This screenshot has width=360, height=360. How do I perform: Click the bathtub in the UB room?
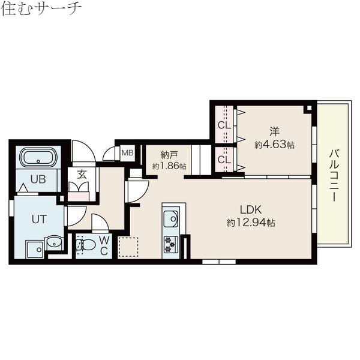click(x=39, y=159)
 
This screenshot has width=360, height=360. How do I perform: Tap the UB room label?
click(x=38, y=179)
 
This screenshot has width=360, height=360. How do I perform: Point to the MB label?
click(x=127, y=153)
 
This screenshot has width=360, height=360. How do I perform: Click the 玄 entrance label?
click(x=80, y=175)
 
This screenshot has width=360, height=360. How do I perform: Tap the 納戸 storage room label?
click(x=169, y=154)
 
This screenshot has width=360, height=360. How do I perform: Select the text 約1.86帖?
click(x=169, y=166)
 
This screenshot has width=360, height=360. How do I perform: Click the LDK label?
click(x=251, y=210)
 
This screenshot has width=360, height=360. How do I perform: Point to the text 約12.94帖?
click(x=251, y=223)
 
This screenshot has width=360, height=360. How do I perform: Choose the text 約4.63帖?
click(x=274, y=145)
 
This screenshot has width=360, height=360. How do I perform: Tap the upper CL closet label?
click(x=224, y=125)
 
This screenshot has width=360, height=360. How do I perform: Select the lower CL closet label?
click(x=224, y=160)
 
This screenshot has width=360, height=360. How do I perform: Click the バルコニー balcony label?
click(x=334, y=175)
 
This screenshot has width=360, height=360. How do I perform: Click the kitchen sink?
click(x=171, y=218)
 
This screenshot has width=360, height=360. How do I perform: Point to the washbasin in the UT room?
click(x=53, y=243)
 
